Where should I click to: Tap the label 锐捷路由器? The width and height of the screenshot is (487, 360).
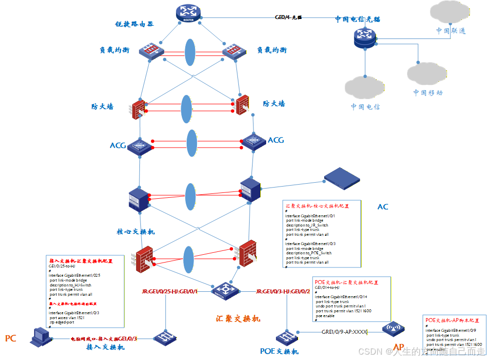pos(135,24)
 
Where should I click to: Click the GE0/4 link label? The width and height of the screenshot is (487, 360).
pos(289,17)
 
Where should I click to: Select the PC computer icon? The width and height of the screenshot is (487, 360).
pos(40,336)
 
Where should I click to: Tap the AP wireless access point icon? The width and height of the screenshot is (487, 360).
pos(393,329)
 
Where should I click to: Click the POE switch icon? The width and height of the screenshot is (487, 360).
pos(286,338)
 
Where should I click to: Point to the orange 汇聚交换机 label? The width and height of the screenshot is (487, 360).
pos(238,319)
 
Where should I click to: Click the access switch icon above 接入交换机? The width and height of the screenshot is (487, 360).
pos(165,337)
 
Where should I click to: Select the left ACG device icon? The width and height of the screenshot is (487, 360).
pos(140,146)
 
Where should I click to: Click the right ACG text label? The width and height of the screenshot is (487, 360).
pos(275,140)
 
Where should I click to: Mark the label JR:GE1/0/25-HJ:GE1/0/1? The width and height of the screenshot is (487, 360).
pos(170,291)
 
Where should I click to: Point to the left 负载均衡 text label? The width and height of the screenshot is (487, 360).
pos(115,50)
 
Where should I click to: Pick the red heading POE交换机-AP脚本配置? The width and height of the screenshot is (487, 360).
pos(452,321)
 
